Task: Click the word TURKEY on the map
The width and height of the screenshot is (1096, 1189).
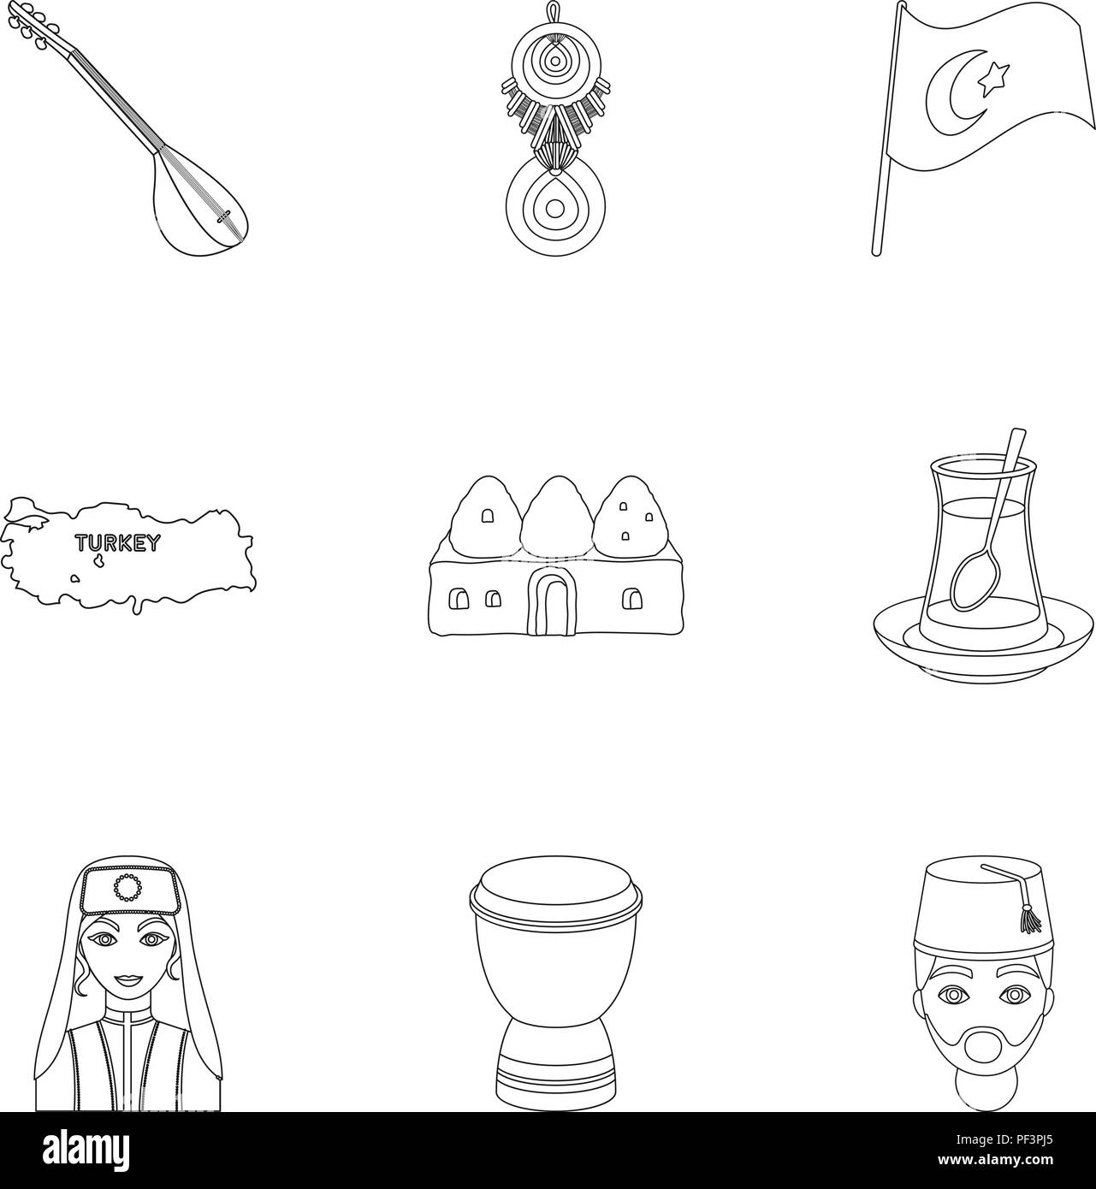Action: click(116, 542)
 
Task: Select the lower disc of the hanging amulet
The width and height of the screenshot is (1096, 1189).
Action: click(548, 209)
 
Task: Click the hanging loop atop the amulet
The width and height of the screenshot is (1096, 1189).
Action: click(548, 12)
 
